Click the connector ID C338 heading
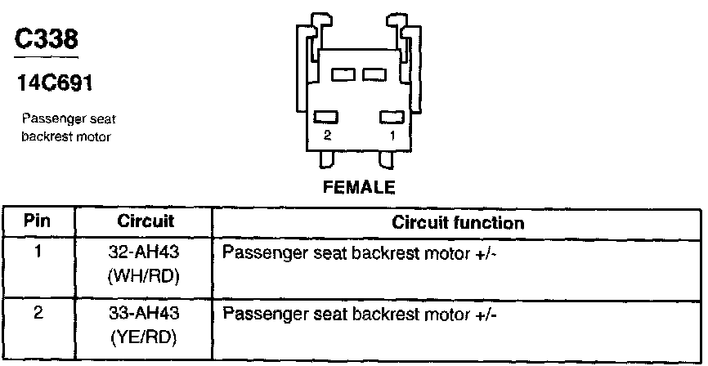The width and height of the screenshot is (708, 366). (x=46, y=39)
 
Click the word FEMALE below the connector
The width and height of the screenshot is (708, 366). (x=360, y=188)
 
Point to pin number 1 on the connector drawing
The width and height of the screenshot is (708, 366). (x=392, y=136)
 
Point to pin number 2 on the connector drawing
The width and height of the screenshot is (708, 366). (x=327, y=136)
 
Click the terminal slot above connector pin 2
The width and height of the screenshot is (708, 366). (x=327, y=118)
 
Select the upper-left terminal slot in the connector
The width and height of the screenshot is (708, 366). (x=343, y=75)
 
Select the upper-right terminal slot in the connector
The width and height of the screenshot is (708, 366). (x=375, y=75)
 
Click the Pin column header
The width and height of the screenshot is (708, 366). (x=38, y=222)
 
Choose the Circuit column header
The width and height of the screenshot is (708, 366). (x=146, y=222)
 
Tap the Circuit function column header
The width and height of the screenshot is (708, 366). (x=458, y=222)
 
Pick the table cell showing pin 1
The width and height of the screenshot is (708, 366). (x=38, y=252)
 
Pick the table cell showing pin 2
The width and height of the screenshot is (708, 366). (x=38, y=313)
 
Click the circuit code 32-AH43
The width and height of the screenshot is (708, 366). (x=144, y=253)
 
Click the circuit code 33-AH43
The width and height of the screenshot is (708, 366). (x=144, y=314)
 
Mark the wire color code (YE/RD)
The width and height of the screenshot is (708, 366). (x=144, y=337)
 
